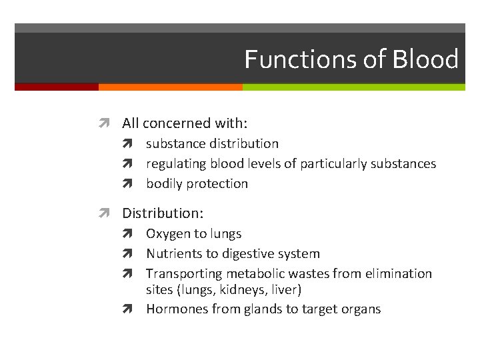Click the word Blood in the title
click(425, 59)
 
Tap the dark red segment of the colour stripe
click(56, 87)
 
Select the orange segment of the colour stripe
click(170, 87)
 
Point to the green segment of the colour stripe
click(353, 87)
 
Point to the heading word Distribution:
click(163, 213)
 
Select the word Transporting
click(185, 273)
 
